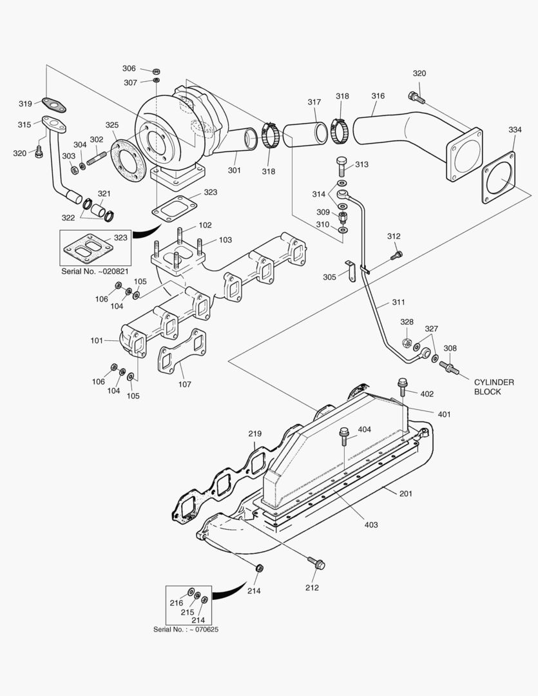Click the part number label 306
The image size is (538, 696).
click(x=129, y=68)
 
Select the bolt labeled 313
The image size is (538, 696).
click(x=341, y=166)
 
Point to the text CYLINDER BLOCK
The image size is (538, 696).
click(x=494, y=387)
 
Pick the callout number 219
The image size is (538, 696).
click(x=255, y=434)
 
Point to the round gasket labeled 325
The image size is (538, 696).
click(x=126, y=161)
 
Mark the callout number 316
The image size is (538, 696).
click(x=378, y=96)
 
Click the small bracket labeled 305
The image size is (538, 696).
click(x=351, y=271)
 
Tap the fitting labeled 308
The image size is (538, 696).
click(x=448, y=369)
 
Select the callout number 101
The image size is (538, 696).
click(x=97, y=340)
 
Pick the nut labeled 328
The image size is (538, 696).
click(x=407, y=343)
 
